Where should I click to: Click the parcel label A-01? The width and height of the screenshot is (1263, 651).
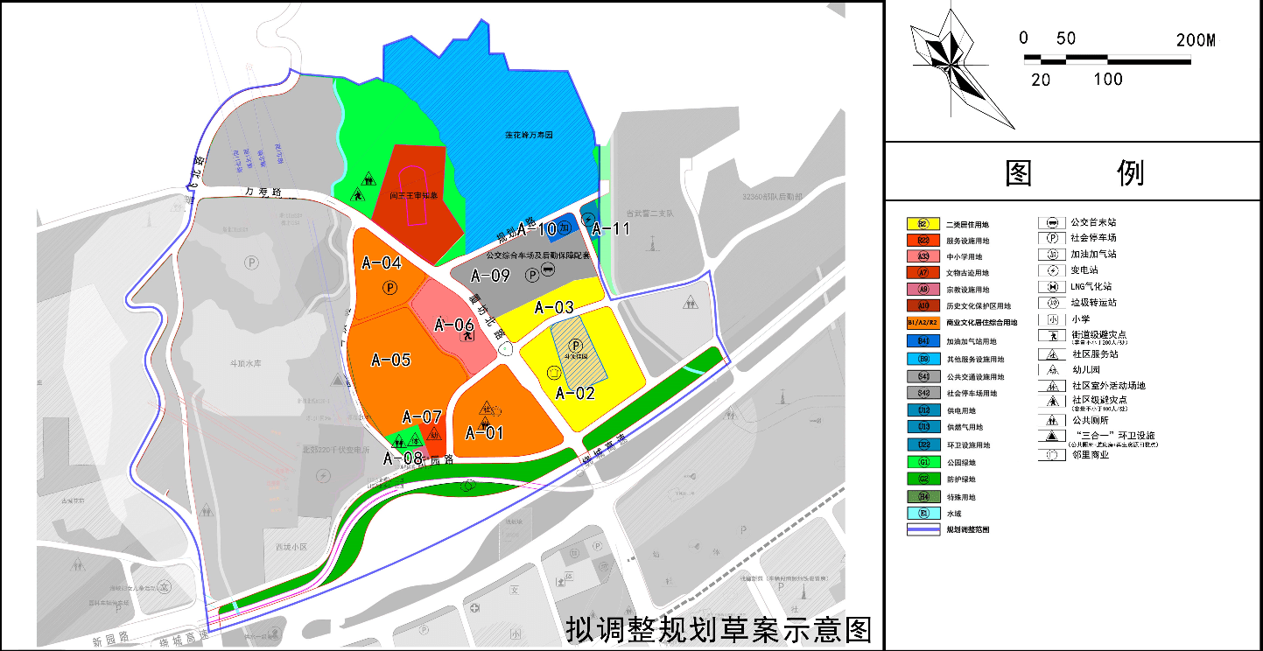click(x=484, y=432)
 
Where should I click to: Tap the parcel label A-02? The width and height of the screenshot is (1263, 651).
click(x=574, y=393)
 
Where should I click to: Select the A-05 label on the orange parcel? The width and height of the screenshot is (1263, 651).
click(x=390, y=360)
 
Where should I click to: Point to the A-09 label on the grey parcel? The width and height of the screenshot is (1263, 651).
click(x=490, y=276)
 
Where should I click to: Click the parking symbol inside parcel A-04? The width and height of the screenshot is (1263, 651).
click(x=389, y=287)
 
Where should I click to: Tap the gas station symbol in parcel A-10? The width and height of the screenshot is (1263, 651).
click(x=565, y=227)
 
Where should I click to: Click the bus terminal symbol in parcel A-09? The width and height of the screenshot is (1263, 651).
click(x=548, y=269)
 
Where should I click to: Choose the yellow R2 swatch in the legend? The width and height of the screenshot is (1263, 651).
click(x=923, y=224)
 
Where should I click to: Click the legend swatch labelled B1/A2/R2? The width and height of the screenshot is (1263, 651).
click(x=923, y=323)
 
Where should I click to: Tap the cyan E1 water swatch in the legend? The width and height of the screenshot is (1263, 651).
click(x=923, y=514)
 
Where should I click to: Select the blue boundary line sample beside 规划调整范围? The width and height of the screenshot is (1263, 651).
click(x=923, y=529)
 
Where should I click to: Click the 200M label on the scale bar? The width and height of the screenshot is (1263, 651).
click(x=1196, y=40)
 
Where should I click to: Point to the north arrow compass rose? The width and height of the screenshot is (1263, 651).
click(x=949, y=61)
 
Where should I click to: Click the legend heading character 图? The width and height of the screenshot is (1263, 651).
click(x=1019, y=173)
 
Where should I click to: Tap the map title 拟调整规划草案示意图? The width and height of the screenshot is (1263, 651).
click(x=719, y=629)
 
